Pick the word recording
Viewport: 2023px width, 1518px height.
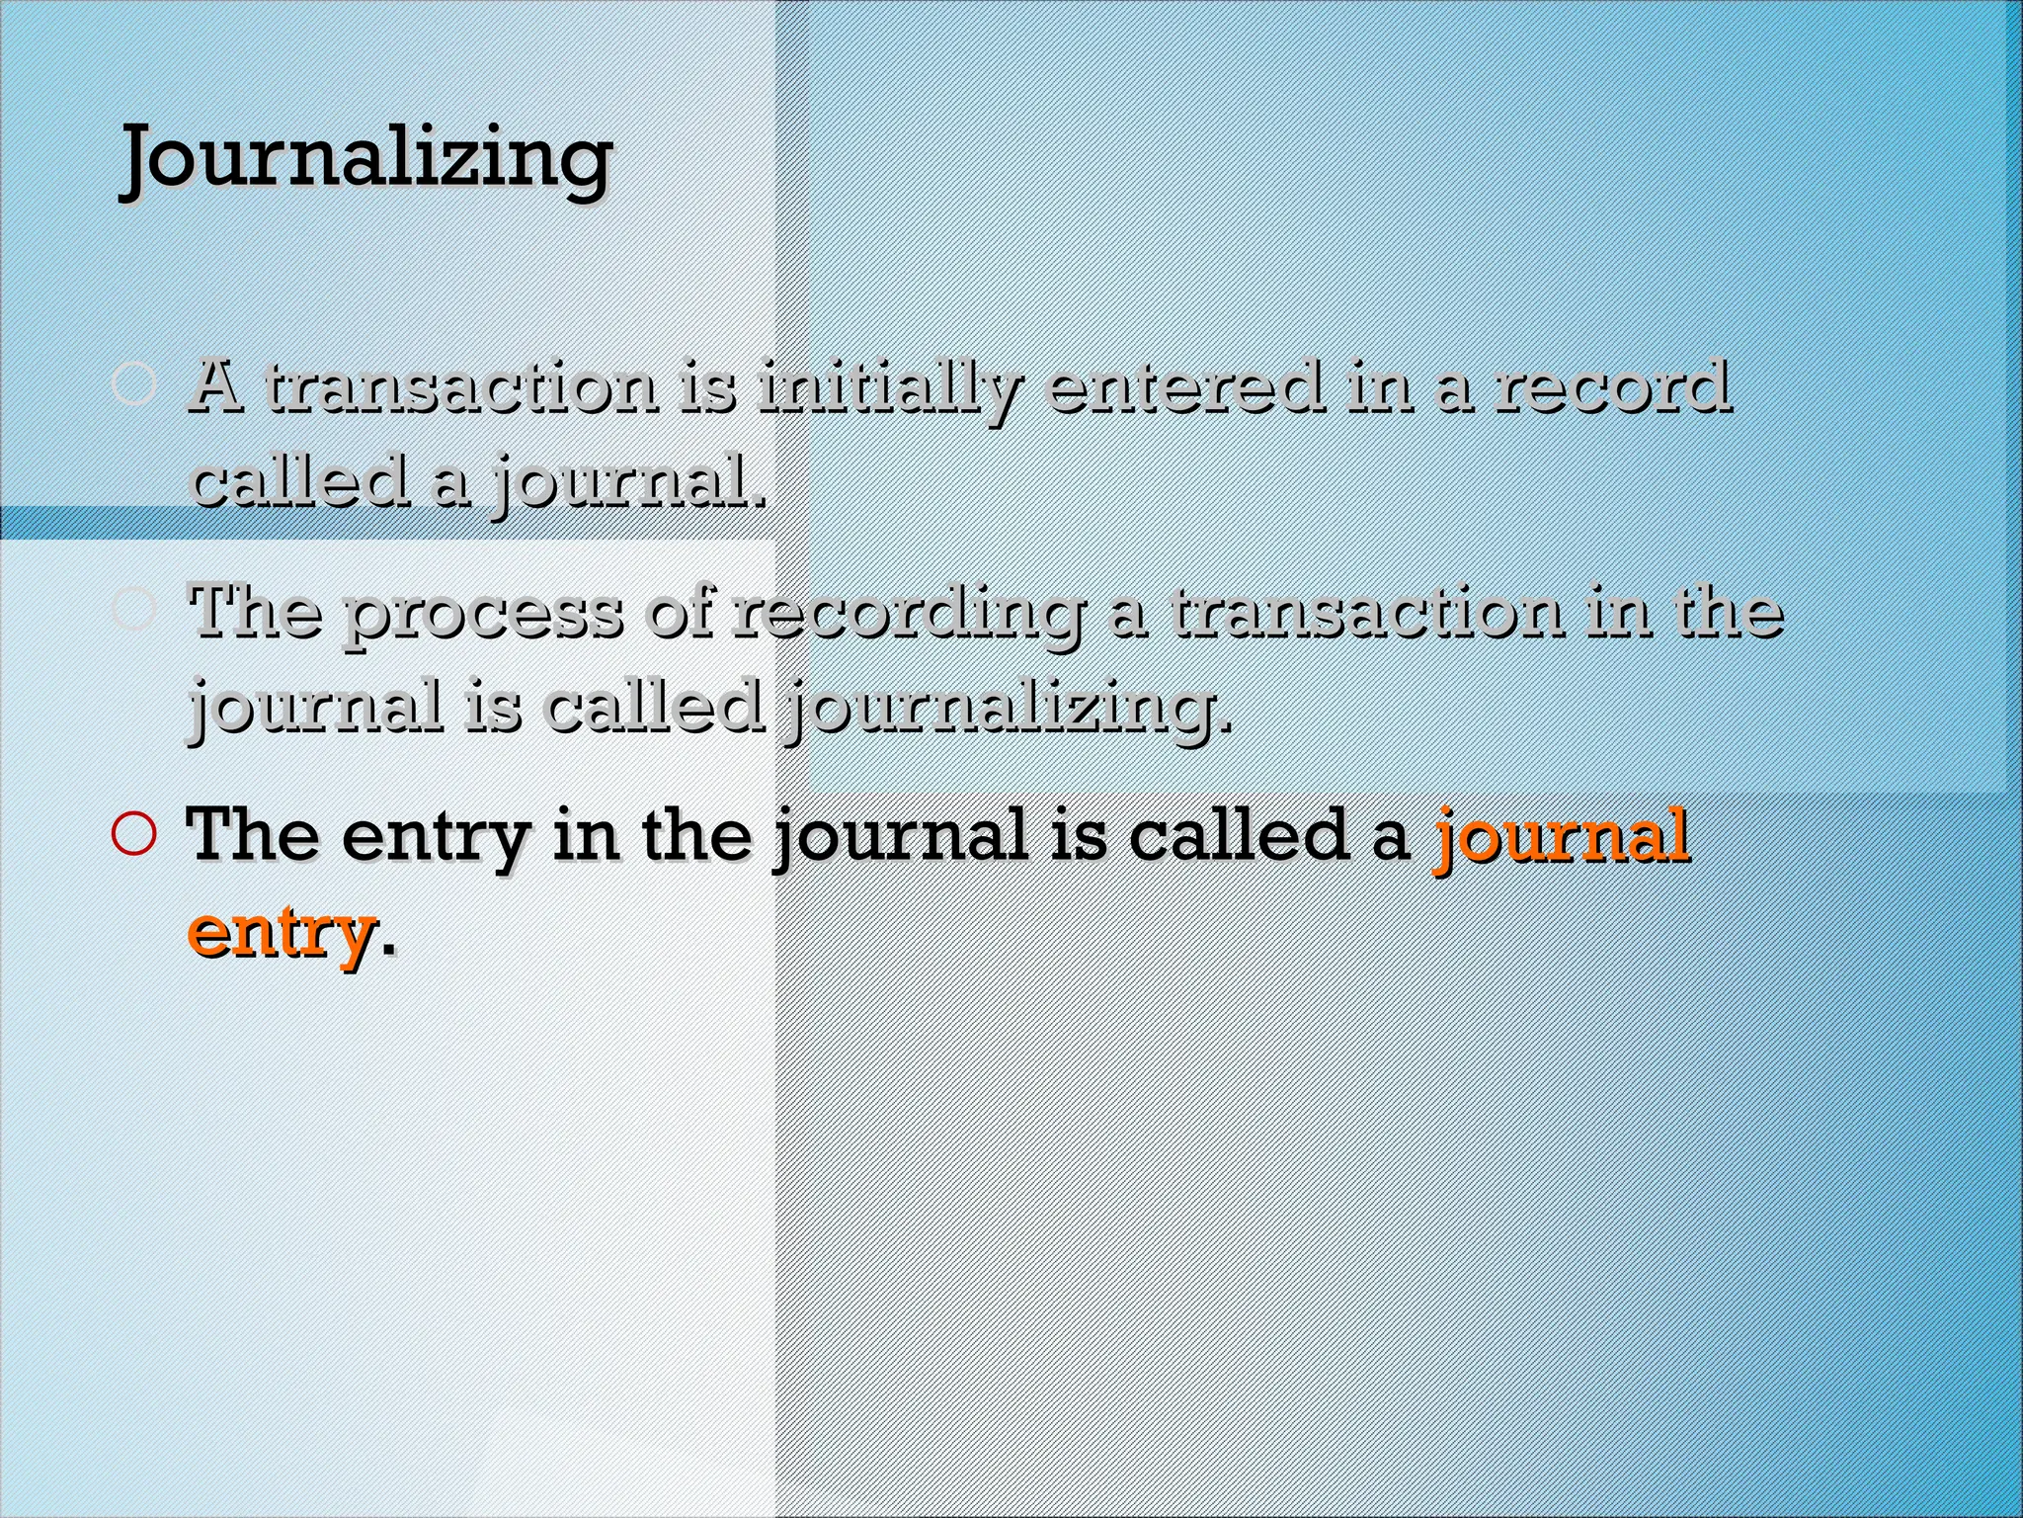point(907,614)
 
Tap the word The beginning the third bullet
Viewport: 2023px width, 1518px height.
point(254,835)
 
